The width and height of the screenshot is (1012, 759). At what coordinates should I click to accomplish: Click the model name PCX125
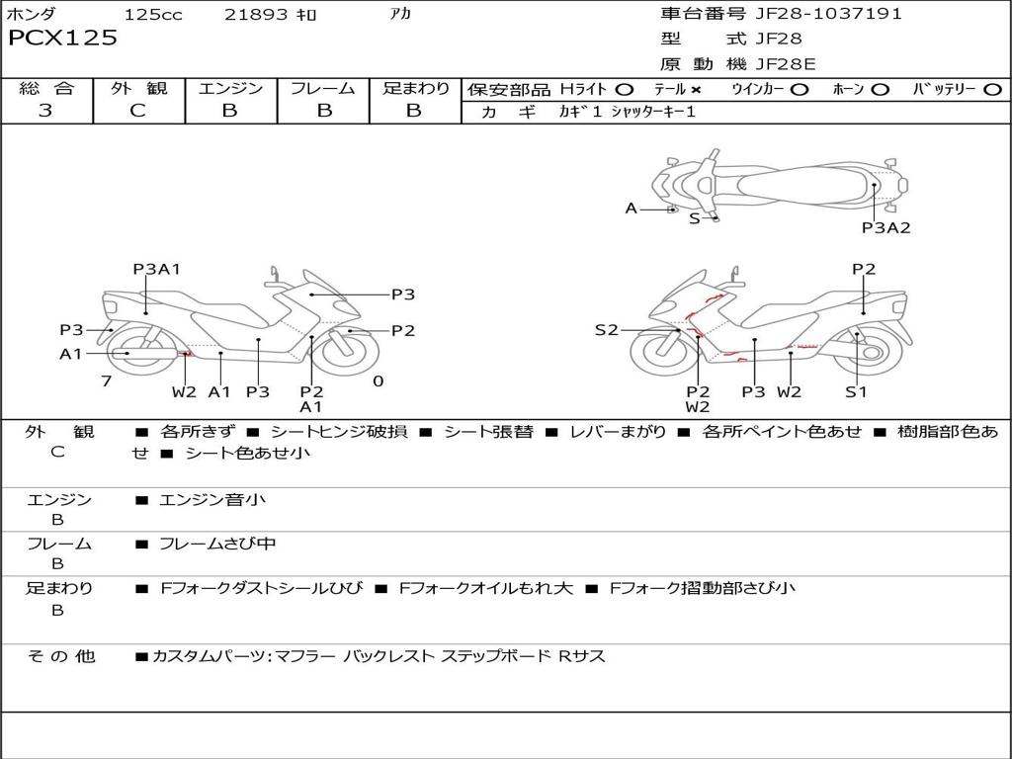pos(62,39)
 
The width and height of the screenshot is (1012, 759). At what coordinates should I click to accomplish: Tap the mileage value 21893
pos(255,15)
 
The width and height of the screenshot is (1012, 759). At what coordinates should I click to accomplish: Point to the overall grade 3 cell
pos(45,111)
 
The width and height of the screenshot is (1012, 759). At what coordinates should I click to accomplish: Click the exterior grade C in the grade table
pos(137,111)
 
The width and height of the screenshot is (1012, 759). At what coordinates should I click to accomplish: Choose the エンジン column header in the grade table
pos(230,88)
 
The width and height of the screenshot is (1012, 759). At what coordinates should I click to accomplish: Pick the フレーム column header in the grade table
pos(323,88)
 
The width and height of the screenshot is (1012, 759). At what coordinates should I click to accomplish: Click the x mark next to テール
pos(696,89)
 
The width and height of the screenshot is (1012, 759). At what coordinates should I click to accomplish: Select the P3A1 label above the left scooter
pos(156,269)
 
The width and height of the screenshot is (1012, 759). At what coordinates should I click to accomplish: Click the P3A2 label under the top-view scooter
pos(885,227)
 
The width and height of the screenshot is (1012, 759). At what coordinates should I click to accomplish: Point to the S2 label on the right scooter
pos(606,330)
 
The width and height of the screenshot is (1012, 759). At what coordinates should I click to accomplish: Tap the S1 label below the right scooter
pos(856,391)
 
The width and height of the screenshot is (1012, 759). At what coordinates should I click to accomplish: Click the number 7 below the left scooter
pos(106,381)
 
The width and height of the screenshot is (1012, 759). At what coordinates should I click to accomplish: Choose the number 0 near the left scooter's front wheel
pos(378,381)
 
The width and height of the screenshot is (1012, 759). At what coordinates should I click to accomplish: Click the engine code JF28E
pos(786,64)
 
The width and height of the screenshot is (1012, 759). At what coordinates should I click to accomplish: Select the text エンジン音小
pos(212,500)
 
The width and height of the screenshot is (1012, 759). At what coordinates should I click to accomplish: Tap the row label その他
pos(60,656)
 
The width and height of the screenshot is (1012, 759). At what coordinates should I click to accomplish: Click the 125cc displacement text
pos(153,15)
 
